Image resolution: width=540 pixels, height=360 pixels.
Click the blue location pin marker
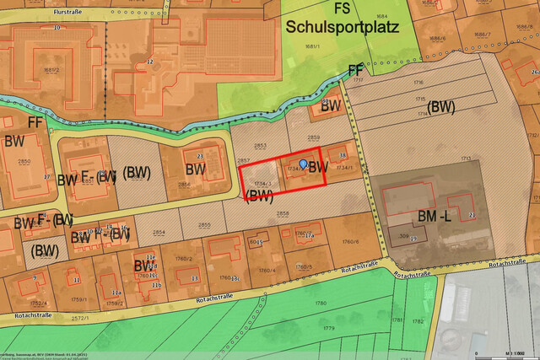(x=304, y=163)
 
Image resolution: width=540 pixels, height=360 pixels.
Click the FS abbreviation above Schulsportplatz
(x=342, y=8)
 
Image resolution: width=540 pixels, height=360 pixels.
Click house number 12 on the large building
(x=150, y=62)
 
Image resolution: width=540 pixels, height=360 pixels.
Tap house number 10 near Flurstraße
(x=57, y=28)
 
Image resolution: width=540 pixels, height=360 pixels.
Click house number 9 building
(x=35, y=277)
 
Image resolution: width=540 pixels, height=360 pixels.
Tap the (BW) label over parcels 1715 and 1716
(x=440, y=107)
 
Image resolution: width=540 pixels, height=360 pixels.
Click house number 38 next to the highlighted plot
(x=342, y=155)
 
